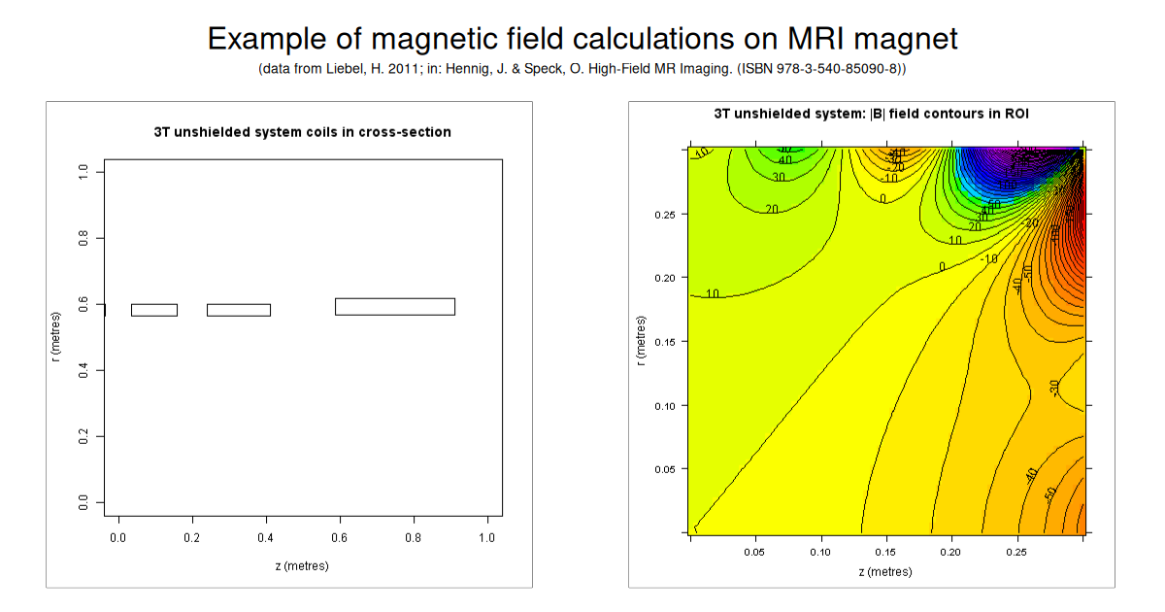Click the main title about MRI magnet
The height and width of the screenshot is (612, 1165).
[582, 39]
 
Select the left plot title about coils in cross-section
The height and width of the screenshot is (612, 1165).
[302, 132]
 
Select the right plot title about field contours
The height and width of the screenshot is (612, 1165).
[871, 114]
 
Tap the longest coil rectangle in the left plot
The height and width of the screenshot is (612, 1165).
[395, 307]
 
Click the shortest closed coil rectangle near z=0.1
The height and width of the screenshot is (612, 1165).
[154, 310]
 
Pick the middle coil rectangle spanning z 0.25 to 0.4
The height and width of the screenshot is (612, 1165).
[239, 310]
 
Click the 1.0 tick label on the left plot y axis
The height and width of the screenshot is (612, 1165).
[83, 171]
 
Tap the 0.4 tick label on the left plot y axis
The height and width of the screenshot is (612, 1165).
[83, 370]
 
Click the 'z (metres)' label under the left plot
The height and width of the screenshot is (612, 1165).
[302, 565]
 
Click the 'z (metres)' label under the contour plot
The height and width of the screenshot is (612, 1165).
[884, 572]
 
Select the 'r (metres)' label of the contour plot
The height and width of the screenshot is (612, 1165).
[639, 341]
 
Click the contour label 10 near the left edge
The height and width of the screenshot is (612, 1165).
[714, 293]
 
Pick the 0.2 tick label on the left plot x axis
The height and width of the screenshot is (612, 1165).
[192, 536]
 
